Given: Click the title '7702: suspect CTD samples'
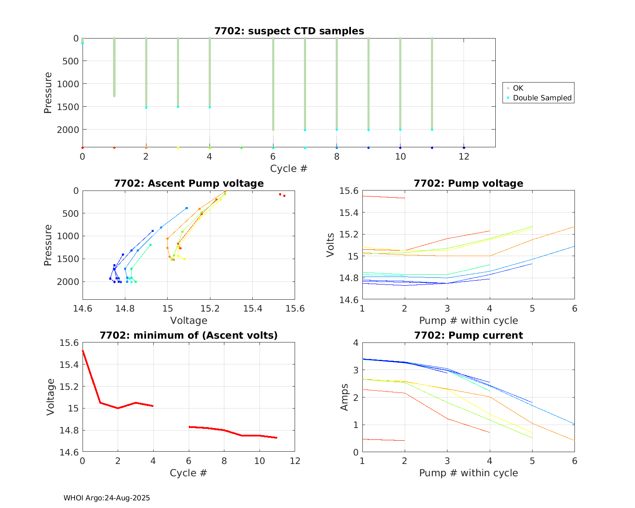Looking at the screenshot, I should pos(289,31).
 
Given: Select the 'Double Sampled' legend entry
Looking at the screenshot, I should pos(542,98).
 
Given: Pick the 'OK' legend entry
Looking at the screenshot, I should pos(518,88).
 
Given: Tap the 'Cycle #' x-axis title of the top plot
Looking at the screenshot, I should pos(289,168).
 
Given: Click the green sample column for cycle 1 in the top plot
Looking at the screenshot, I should pos(114,68).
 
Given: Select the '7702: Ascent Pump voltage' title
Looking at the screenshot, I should pos(189,183).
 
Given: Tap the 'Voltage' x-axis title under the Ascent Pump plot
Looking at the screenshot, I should pos(189,320).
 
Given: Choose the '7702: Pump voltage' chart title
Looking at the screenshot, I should pos(468,183).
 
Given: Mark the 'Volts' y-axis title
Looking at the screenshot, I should pos(330,245).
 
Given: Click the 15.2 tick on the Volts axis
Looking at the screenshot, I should pos(348,235).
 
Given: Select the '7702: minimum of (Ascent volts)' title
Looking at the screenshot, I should pos(189,335).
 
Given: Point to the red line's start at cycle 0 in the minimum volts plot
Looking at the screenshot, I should pos(83,351).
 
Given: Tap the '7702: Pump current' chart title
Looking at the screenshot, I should pos(468,335).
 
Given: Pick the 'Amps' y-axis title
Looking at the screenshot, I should pos(344,397).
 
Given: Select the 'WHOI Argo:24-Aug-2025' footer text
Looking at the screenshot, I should pos(107,498).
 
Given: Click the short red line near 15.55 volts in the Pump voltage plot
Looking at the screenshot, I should pos(383,197).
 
